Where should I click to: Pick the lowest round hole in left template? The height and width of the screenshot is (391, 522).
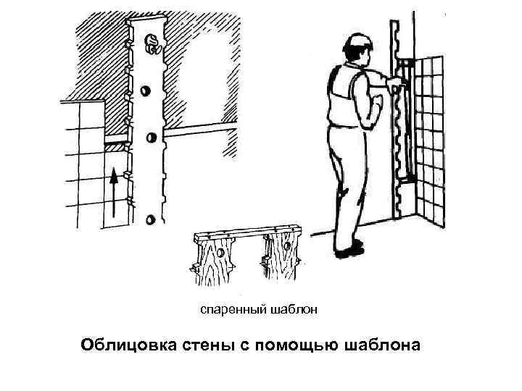click(x=150, y=219)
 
